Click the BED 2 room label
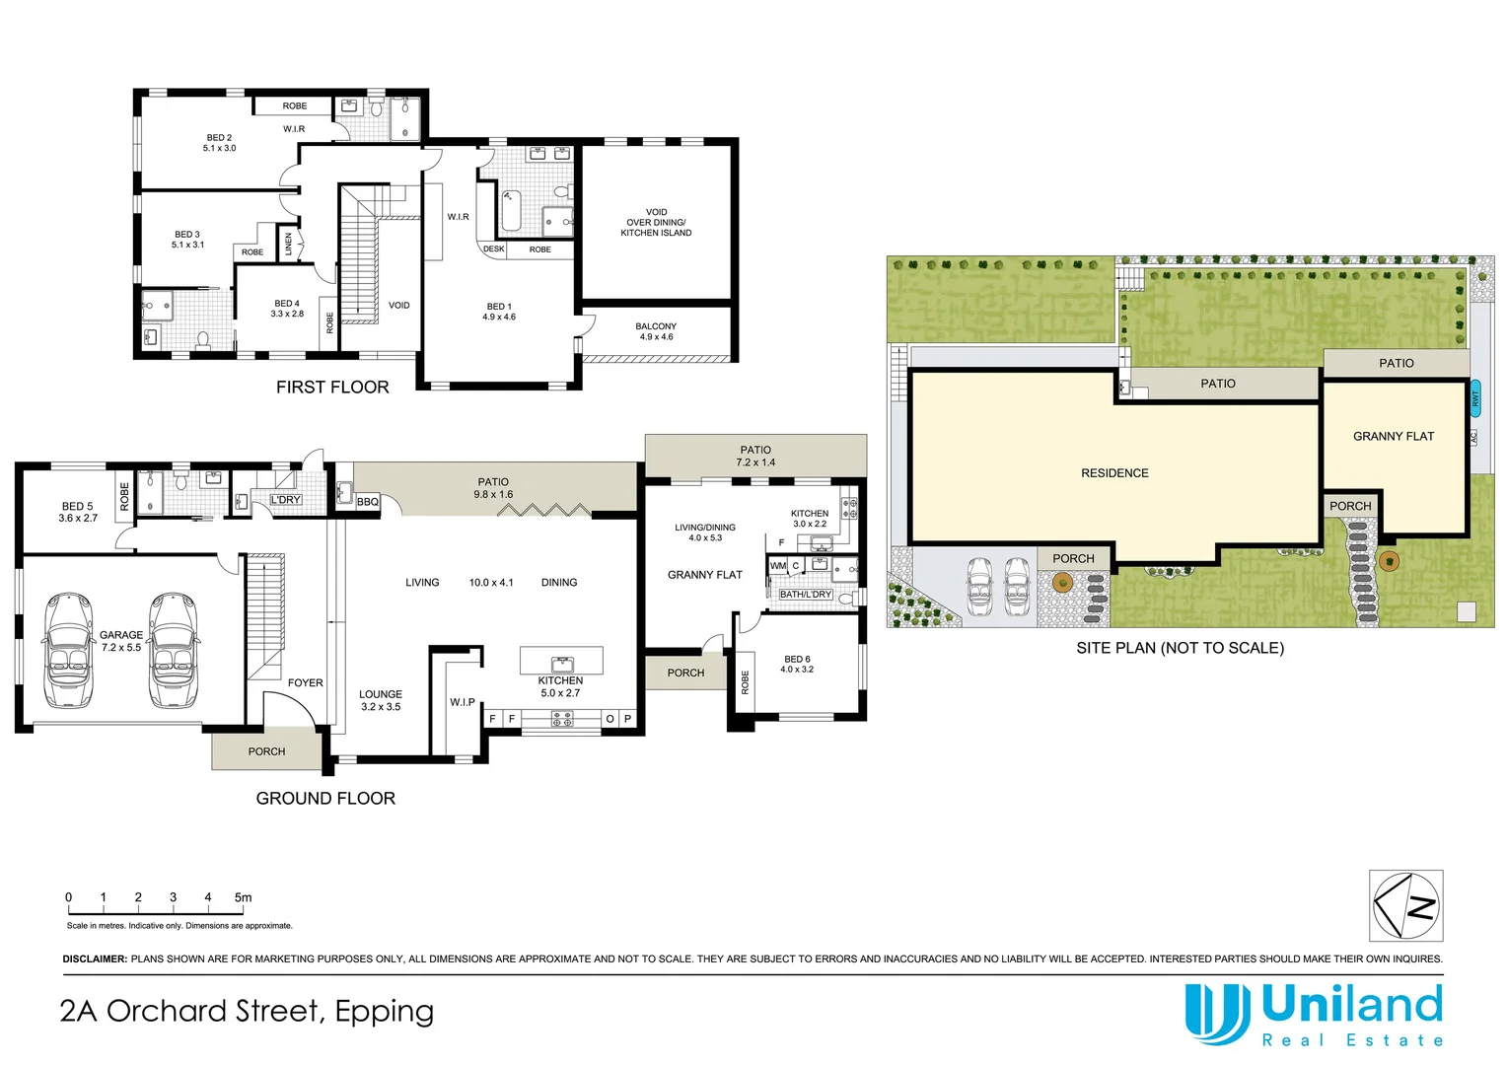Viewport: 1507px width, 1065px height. [x=219, y=143]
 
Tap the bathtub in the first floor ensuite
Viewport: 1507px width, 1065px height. [x=510, y=211]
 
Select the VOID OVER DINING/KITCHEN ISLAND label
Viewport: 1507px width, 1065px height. [x=656, y=222]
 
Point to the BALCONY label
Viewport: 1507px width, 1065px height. [x=656, y=331]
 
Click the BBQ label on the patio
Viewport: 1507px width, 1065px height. [x=368, y=502]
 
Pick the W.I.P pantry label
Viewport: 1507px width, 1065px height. [x=463, y=702]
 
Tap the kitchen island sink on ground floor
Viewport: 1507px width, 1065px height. [x=562, y=665]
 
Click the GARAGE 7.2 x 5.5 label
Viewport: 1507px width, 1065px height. [x=121, y=641]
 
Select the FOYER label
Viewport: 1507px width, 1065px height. [x=306, y=682]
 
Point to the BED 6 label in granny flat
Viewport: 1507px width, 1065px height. [x=797, y=664]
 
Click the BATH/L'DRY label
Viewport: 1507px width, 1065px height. [x=806, y=594]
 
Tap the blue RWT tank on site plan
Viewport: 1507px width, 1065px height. [x=1475, y=398]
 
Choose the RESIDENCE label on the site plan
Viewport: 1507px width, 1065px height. [x=1114, y=473]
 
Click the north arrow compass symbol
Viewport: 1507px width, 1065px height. [x=1406, y=905]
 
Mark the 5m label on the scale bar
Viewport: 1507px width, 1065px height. [x=243, y=896]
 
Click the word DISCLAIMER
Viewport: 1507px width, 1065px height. [x=95, y=958]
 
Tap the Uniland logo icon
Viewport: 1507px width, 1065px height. [x=1217, y=1014]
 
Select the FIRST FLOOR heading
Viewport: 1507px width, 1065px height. [x=332, y=387]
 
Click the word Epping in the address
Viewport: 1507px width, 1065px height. [x=385, y=1013]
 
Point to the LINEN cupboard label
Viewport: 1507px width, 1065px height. [x=289, y=243]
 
